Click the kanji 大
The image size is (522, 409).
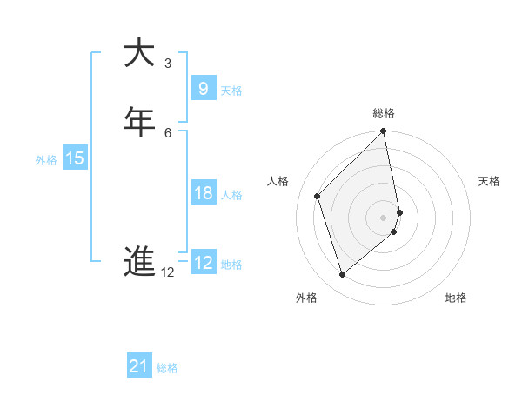pyautogui.click(x=139, y=53)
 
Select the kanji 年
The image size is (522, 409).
pyautogui.click(x=139, y=121)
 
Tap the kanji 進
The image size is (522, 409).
pyautogui.click(x=139, y=261)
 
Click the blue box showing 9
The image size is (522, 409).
pyautogui.click(x=203, y=88)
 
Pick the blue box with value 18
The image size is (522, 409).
pyautogui.click(x=203, y=193)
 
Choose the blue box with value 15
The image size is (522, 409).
pyautogui.click(x=75, y=158)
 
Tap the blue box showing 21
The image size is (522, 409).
pyautogui.click(x=139, y=366)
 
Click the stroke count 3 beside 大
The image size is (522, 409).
pyautogui.click(x=168, y=64)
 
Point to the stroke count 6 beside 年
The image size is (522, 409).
pyautogui.click(x=168, y=132)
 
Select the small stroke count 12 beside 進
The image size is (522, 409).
pyautogui.click(x=168, y=272)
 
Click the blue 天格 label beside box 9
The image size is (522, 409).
pyautogui.click(x=231, y=91)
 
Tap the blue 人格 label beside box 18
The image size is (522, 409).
pyautogui.click(x=231, y=195)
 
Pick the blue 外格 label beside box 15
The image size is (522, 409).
pyautogui.click(x=46, y=160)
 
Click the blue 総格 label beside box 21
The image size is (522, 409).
pyautogui.click(x=167, y=368)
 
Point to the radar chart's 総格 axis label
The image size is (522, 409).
pyautogui.click(x=384, y=113)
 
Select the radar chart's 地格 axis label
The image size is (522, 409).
pyautogui.click(x=456, y=298)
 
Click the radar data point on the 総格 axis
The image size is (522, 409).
pyautogui.click(x=384, y=132)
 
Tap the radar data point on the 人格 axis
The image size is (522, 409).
pyautogui.click(x=318, y=196)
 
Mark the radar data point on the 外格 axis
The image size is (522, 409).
pyautogui.click(x=343, y=275)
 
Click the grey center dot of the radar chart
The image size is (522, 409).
pyautogui.click(x=384, y=217)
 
